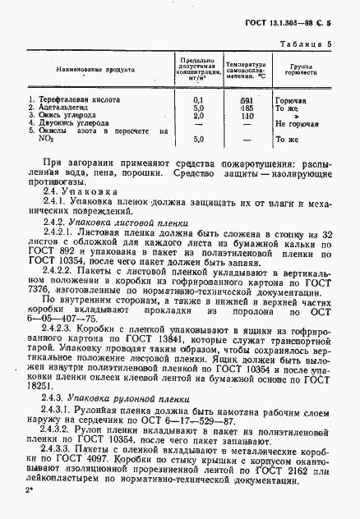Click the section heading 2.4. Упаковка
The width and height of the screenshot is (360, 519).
click(74, 190)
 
